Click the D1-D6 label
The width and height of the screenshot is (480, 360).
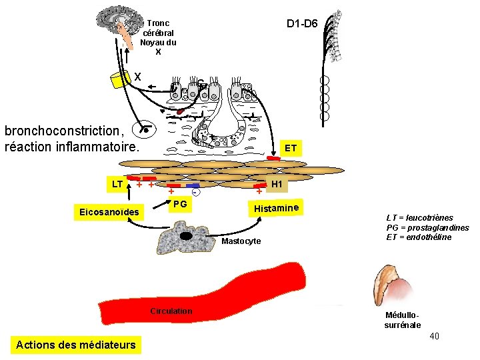pyautogui.click(x=302, y=25)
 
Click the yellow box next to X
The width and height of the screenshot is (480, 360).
pyautogui.click(x=121, y=79)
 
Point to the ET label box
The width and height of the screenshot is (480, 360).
pyautogui.click(x=291, y=147)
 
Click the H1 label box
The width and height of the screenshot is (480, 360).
pyautogui.click(x=277, y=184)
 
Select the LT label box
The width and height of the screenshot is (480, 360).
pyautogui.click(x=117, y=183)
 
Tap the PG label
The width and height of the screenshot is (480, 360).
pyautogui.click(x=180, y=203)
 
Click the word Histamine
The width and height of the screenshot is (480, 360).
pyautogui.click(x=275, y=208)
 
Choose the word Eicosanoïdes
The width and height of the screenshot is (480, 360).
pyautogui.click(x=109, y=213)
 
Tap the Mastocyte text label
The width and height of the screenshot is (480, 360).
pyautogui.click(x=241, y=241)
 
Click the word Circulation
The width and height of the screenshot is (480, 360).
pyautogui.click(x=171, y=311)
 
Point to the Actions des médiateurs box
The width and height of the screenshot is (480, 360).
pyautogui.click(x=75, y=345)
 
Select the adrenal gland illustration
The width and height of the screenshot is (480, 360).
pyautogui.click(x=395, y=285)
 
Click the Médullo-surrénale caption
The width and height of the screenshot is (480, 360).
pyautogui.click(x=402, y=320)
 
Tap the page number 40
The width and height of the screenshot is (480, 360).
pyautogui.click(x=434, y=336)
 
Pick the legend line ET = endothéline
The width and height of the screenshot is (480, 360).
pyautogui.click(x=419, y=237)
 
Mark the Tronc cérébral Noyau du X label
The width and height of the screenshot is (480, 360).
pyautogui.click(x=158, y=37)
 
